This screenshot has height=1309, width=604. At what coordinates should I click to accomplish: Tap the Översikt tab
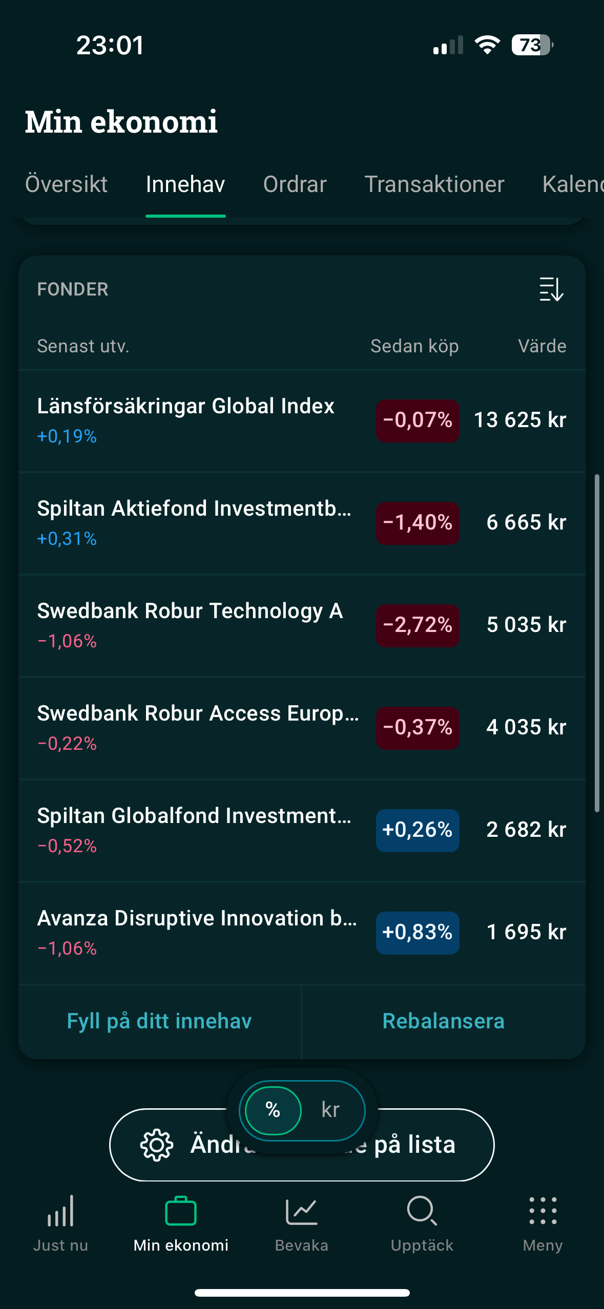pos(66,184)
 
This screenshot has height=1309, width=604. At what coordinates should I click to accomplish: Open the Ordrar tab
pos(295,184)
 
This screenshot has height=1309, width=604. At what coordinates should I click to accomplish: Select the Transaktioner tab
pos(434,184)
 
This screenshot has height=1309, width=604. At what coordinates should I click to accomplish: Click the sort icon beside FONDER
pos(551,289)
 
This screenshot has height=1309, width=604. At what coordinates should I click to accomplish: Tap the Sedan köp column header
pos(414,346)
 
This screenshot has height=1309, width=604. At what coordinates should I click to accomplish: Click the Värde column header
pos(541,346)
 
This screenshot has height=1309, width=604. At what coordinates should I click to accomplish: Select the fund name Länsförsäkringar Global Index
pos(185,406)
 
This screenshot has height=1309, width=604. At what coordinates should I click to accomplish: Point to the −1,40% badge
pos(418,523)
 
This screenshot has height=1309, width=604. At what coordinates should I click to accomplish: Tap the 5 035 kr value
pos(526,625)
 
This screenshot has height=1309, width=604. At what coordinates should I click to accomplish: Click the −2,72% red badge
pos(418,625)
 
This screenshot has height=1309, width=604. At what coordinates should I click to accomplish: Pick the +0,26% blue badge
pos(418,830)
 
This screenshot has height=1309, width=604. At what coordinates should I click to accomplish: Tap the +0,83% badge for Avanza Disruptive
pos(418,933)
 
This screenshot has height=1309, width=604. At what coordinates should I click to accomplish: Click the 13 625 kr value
pos(520,420)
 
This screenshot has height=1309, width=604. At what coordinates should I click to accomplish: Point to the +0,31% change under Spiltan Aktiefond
pos(67,539)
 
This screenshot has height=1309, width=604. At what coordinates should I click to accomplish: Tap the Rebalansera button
pos(443,1021)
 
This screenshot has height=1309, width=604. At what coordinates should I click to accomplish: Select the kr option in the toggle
pos(330,1110)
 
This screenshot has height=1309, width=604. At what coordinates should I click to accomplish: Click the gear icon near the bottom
pos(157,1145)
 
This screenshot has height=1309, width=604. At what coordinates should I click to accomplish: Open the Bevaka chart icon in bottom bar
pos(301,1212)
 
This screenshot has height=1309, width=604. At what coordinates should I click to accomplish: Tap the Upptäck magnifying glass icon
pos(422,1211)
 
